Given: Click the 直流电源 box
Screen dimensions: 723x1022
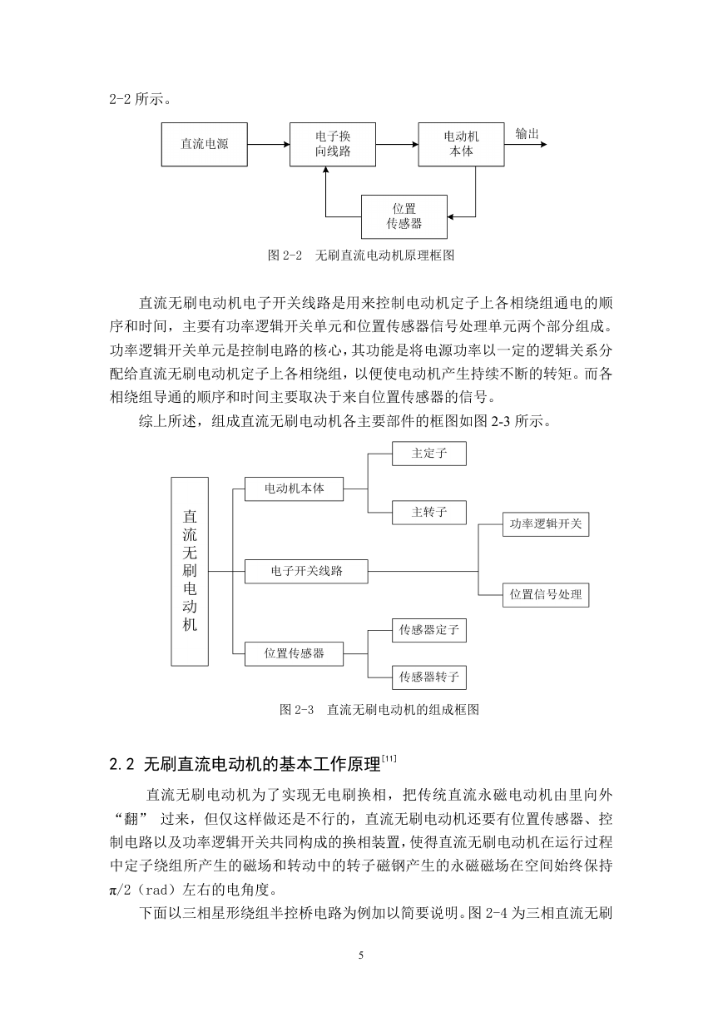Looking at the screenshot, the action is [x=205, y=144].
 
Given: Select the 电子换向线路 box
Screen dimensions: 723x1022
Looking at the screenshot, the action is [x=333, y=144].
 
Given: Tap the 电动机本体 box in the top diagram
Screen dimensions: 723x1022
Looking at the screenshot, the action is [x=461, y=144].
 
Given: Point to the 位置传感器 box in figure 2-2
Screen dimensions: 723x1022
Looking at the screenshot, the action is [x=404, y=216].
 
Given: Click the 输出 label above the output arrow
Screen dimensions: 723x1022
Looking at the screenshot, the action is [x=527, y=134].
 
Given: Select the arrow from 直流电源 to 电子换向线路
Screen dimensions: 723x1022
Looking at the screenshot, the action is [x=269, y=145].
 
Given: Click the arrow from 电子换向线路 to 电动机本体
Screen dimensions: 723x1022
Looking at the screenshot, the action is [x=398, y=145].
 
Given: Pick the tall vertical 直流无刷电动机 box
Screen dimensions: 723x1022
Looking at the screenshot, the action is [x=190, y=572].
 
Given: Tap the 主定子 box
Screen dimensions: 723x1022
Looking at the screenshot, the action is [x=429, y=454].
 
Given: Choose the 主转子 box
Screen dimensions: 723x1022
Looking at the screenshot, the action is [x=429, y=513].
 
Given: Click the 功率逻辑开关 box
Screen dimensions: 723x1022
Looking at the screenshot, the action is [x=546, y=524].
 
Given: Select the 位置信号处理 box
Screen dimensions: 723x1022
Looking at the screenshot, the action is [x=546, y=595].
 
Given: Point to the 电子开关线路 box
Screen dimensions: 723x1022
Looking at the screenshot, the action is [x=306, y=571].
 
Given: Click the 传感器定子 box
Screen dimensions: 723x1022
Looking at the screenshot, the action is [x=429, y=630].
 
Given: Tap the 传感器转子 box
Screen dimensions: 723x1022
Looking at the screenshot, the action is [x=429, y=677].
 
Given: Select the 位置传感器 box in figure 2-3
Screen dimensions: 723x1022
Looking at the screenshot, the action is [x=295, y=654].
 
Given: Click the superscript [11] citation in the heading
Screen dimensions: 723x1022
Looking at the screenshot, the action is [x=389, y=758].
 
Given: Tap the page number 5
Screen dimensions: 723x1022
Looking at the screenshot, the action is [x=361, y=955].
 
